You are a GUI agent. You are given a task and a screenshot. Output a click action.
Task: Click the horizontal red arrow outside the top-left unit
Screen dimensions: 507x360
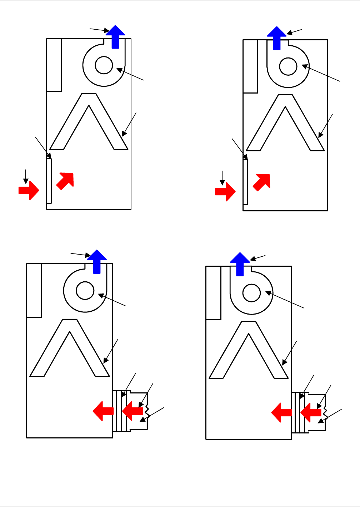[29, 190]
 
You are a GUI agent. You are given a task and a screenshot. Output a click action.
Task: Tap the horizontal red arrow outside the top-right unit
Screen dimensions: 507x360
[225, 192]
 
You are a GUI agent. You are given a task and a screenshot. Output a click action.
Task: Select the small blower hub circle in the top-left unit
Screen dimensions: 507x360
[104, 65]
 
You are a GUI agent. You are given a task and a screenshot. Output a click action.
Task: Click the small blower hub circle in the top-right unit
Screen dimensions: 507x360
[288, 66]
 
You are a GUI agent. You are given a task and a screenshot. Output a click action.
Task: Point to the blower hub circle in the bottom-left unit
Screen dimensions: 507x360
[85, 290]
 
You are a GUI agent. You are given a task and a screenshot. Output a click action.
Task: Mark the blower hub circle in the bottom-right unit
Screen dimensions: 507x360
[251, 293]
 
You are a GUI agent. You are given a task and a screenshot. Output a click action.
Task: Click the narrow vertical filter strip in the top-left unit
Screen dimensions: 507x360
[49, 181]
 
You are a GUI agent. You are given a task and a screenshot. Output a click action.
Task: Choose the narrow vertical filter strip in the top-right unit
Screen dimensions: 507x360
[245, 182]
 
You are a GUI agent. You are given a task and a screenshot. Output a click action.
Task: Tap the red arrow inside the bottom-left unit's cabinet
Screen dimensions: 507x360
[103, 411]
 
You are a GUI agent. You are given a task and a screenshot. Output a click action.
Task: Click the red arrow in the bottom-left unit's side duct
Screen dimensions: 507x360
[133, 411]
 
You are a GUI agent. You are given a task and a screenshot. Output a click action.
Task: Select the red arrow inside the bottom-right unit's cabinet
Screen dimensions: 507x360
[282, 413]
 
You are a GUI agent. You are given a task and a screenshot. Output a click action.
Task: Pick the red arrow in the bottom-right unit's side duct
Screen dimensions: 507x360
[311, 413]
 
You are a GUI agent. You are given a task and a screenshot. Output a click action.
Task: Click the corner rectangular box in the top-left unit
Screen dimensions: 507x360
[54, 65]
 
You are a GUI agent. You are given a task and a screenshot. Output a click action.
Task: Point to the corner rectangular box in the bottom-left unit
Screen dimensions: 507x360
[34, 290]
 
